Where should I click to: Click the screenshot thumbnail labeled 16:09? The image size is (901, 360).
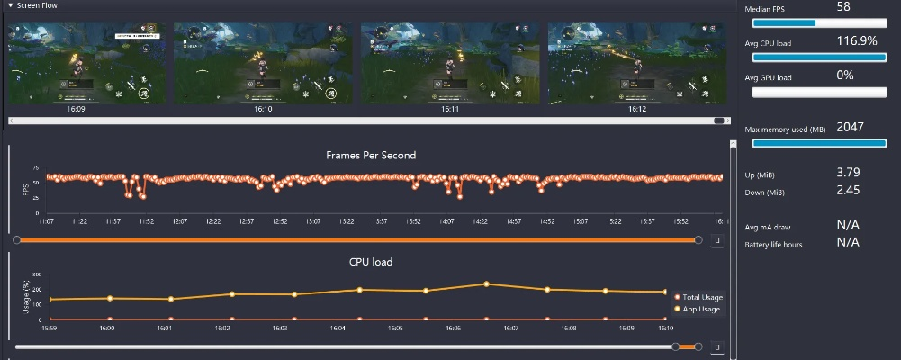[x=87, y=62]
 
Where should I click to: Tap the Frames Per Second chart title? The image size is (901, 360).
[x=371, y=156]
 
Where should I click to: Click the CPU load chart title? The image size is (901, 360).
[x=371, y=262]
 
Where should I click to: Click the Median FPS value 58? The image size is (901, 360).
[x=843, y=7]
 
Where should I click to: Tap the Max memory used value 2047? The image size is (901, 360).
[x=850, y=128]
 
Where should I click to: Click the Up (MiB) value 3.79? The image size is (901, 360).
[x=849, y=172]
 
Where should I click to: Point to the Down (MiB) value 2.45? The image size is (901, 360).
[x=849, y=190]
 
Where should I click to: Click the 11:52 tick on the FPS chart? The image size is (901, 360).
[x=146, y=221]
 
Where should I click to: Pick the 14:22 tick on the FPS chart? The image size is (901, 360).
[x=481, y=221]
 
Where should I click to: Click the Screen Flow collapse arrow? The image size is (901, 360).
[x=11, y=4]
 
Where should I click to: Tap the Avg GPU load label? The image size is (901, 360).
[x=769, y=78]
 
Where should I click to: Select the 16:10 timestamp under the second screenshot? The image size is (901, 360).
[x=263, y=109]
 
